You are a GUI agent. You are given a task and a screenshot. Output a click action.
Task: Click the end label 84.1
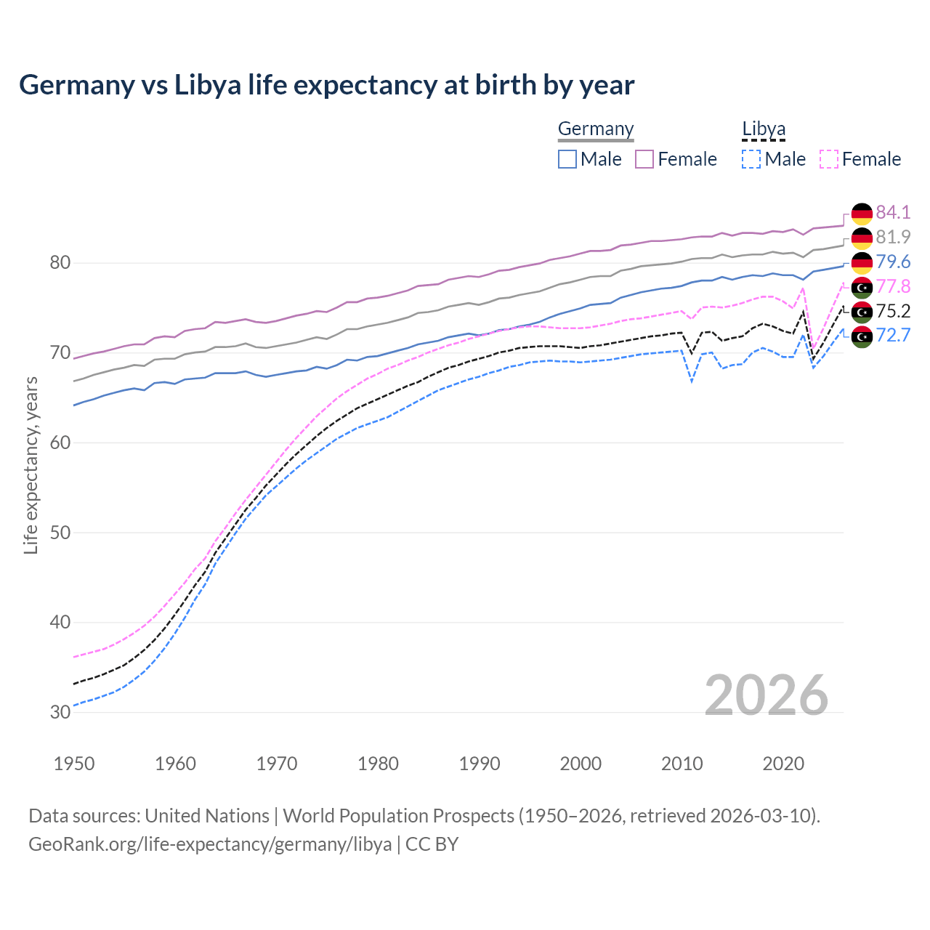tap(893, 212)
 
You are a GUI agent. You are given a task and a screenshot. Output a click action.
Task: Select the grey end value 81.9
tap(893, 237)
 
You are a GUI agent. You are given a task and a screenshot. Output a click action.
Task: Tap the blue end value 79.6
tap(893, 262)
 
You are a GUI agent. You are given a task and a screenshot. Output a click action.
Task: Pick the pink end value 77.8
tap(893, 286)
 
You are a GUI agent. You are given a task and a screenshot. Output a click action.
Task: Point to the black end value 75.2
tap(893, 311)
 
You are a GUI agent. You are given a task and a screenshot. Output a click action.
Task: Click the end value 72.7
tap(893, 335)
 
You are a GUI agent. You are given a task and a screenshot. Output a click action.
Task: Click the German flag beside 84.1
tap(862, 213)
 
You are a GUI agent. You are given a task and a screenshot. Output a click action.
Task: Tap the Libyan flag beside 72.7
tap(862, 336)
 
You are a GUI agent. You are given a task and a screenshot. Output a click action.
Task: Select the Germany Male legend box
tap(567, 159)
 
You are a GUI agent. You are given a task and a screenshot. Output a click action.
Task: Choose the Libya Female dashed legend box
tap(828, 159)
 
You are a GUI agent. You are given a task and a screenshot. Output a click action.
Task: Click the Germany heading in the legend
tap(596, 129)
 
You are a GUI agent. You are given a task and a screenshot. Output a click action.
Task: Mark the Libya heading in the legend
tap(764, 129)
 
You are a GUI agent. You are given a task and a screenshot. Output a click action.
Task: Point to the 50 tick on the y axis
tap(60, 533)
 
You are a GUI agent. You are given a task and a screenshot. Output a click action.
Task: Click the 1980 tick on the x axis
tap(379, 764)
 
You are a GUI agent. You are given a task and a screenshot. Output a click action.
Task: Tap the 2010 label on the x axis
tap(682, 764)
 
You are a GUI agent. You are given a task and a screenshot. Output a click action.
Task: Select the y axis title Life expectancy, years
tap(31, 465)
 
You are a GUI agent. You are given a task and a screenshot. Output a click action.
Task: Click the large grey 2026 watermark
tap(766, 695)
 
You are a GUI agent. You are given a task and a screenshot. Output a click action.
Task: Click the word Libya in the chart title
tap(207, 85)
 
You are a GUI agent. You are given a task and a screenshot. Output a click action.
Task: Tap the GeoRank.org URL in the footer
tap(210, 844)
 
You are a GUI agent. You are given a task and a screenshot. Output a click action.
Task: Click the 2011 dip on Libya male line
tap(692, 381)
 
